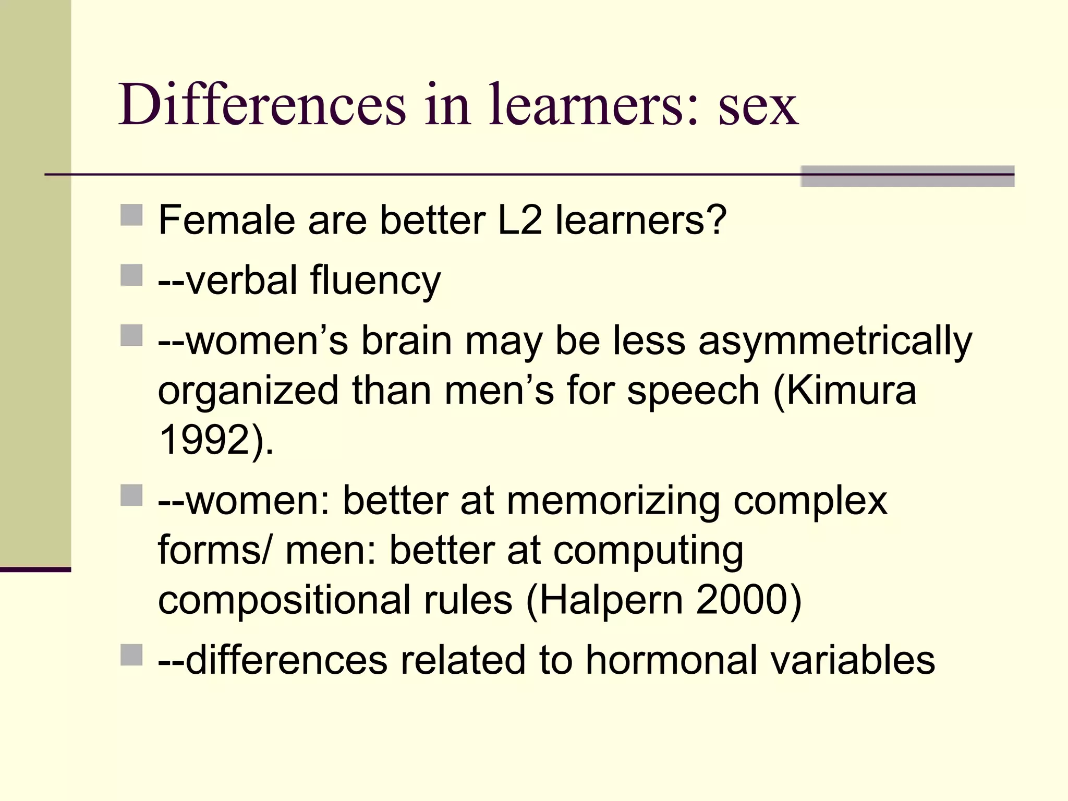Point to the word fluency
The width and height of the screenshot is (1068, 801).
(x=375, y=282)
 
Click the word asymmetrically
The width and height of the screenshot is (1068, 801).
(x=835, y=342)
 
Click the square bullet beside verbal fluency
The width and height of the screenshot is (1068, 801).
(x=131, y=275)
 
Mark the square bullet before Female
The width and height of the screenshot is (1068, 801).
(x=131, y=214)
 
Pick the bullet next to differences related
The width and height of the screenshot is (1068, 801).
(x=131, y=654)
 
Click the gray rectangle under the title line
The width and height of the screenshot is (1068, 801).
(x=907, y=176)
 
